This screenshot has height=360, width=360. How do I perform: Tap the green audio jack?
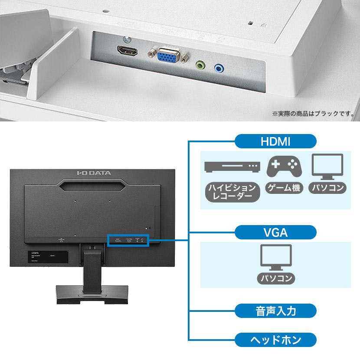click(x=200, y=65)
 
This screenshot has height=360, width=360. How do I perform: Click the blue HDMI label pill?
click(x=275, y=141)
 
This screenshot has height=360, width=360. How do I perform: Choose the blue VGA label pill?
click(x=275, y=232)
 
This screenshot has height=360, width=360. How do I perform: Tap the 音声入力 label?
click(x=275, y=311)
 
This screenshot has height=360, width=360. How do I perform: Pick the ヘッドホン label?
click(x=275, y=339)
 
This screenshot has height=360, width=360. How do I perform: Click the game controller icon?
click(x=284, y=167)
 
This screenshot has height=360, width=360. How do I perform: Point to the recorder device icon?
click(x=232, y=167)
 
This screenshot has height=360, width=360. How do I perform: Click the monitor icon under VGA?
click(x=275, y=257)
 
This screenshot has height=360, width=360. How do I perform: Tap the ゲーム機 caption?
click(x=284, y=188)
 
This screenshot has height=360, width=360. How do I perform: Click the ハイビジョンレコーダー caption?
click(x=232, y=192)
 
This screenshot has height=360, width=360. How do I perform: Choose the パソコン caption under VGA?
click(x=275, y=278)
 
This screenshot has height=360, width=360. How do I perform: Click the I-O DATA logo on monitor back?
click(x=94, y=173)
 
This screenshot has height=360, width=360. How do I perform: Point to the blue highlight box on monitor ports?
click(x=128, y=239)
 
